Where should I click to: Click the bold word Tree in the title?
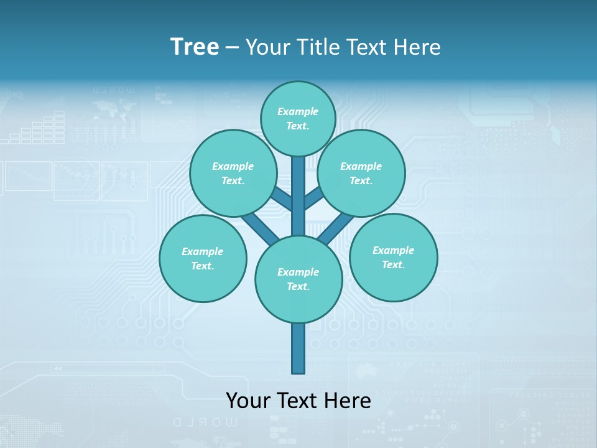pos(195,47)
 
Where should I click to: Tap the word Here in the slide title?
pos(417,47)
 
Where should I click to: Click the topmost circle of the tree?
pos(298,118)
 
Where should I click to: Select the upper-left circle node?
pos(233,173)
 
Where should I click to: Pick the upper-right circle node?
pos(361,173)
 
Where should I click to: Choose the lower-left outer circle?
pos(203,259)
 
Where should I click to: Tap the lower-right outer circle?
pos(393,257)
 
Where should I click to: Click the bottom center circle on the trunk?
pos(298,279)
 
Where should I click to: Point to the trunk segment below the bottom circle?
pos(298,348)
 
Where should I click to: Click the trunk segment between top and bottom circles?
pos(298,196)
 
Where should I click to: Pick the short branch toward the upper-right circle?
pos(313,198)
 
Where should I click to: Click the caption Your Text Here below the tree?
pos(298,400)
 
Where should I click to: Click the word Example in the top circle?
pos(298,111)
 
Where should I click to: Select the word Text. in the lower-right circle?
pos(393,264)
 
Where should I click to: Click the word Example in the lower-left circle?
pos(203,251)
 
